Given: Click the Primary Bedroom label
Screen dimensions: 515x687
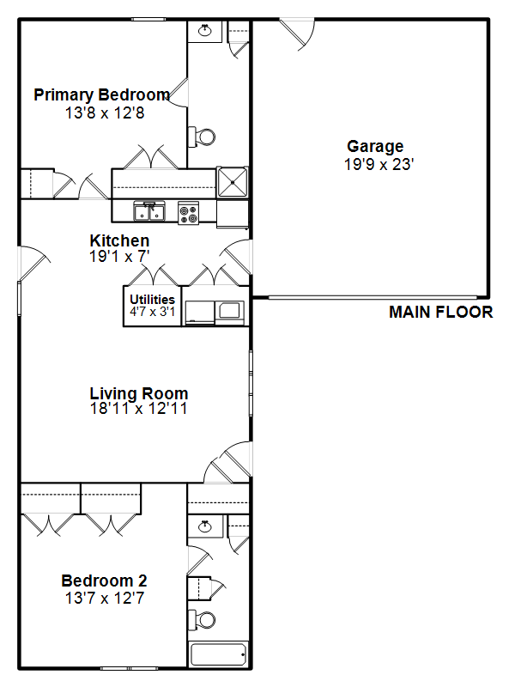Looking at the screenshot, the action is [102, 95].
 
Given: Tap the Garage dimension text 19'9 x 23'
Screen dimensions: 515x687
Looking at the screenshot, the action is [379, 165].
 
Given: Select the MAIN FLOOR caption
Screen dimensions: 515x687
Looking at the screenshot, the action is [441, 312].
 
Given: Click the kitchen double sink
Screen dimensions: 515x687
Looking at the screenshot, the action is [149, 211].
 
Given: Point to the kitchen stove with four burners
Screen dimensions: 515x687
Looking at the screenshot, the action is [189, 213].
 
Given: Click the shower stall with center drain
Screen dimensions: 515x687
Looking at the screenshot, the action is [232, 182].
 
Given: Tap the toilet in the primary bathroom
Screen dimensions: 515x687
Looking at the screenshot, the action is [202, 137].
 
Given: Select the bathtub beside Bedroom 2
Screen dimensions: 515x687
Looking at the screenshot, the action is [218, 654].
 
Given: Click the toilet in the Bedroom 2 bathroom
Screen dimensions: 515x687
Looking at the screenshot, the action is [202, 619].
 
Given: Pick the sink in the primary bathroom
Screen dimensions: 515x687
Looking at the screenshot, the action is [204, 31].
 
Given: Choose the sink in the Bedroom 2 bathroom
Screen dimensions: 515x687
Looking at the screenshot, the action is [204, 526].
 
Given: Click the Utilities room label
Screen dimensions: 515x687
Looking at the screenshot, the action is [153, 300].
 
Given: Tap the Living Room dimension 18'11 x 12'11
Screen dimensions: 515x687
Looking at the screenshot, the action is [138, 409].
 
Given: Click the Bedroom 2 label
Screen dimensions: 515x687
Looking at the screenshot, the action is [104, 581].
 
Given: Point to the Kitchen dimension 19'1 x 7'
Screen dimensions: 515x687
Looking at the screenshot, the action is [119, 256].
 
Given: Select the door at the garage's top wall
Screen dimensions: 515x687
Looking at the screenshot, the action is [296, 33].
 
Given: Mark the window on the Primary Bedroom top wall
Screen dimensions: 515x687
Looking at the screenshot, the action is [148, 19].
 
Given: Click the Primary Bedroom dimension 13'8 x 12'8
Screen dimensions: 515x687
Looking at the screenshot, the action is [105, 113].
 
